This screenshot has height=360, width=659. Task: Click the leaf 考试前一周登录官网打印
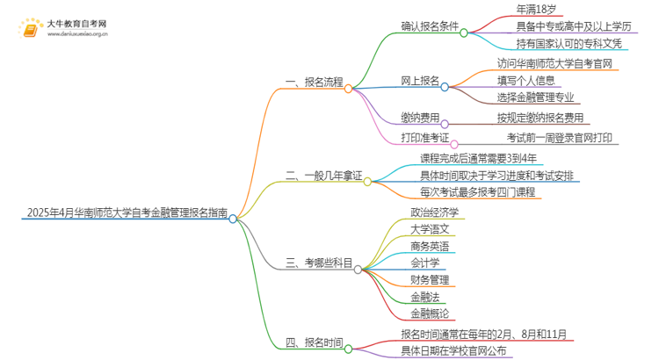(559, 138)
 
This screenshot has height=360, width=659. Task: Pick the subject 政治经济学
(434, 212)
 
